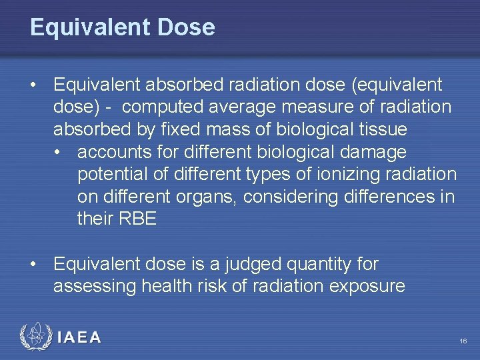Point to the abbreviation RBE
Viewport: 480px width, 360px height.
pos(137,219)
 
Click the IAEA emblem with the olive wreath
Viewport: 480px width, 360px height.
pos(35,337)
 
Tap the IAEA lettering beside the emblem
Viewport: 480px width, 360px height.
pos(79,338)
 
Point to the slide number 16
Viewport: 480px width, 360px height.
pos(463,341)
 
